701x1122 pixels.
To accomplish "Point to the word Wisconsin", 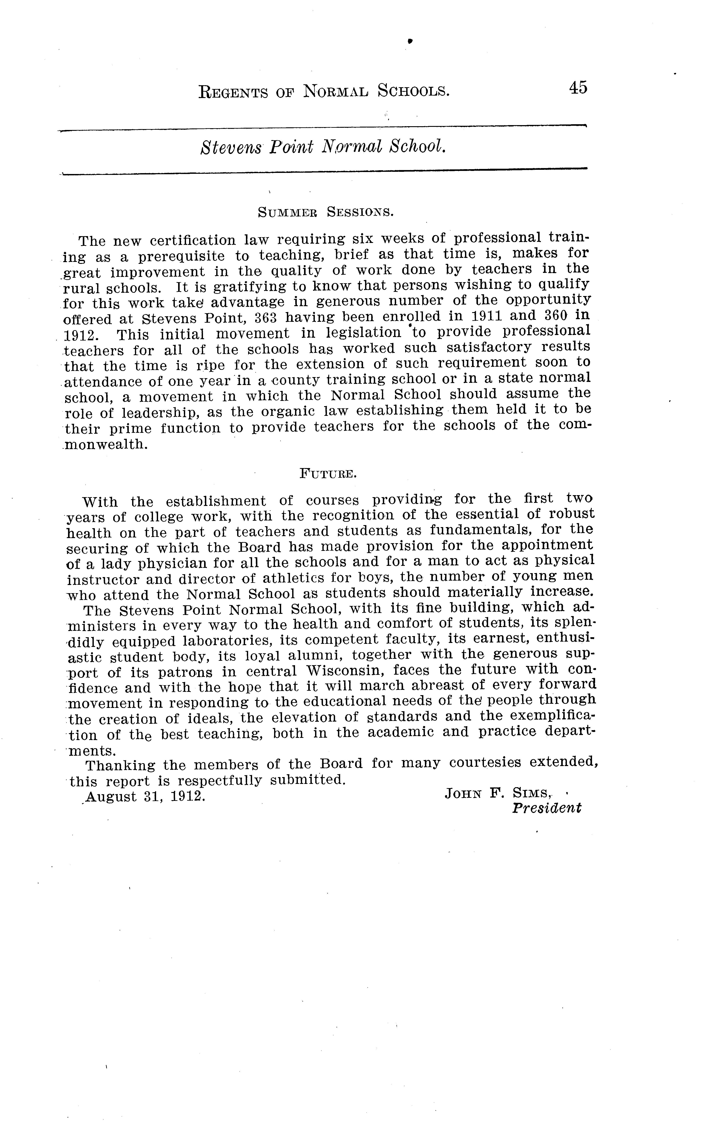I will pyautogui.click(x=345, y=671).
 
